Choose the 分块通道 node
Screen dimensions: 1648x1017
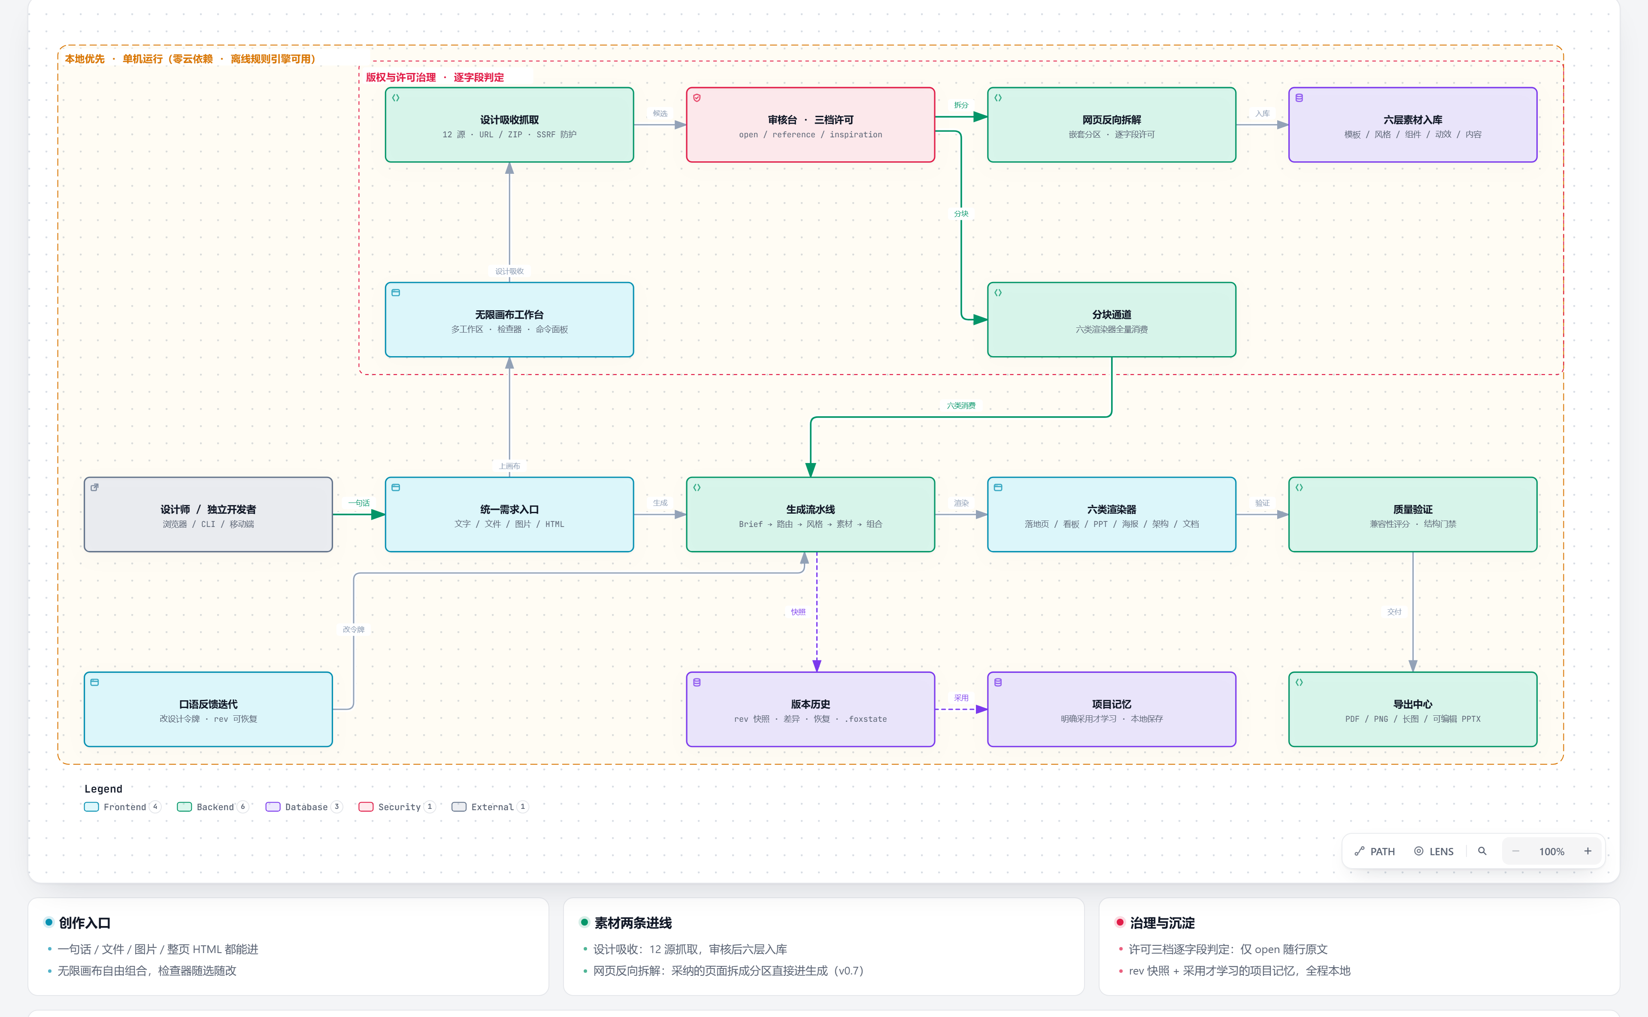coord(1111,320)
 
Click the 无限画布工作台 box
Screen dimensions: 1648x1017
coord(509,320)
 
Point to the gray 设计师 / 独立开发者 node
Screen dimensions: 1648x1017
coord(209,515)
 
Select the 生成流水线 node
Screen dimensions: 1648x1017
coord(811,515)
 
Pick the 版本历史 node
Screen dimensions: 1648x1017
coord(811,709)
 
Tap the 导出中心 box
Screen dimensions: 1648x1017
coord(1412,709)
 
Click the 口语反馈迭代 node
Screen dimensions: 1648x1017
coord(209,709)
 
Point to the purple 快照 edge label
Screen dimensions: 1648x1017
coord(798,612)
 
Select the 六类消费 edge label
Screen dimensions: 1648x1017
coord(961,406)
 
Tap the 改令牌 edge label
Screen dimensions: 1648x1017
coord(354,630)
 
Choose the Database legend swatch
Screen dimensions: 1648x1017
coord(273,806)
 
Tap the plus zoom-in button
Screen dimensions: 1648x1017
coord(1587,851)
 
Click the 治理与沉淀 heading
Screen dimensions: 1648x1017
coord(1162,923)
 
